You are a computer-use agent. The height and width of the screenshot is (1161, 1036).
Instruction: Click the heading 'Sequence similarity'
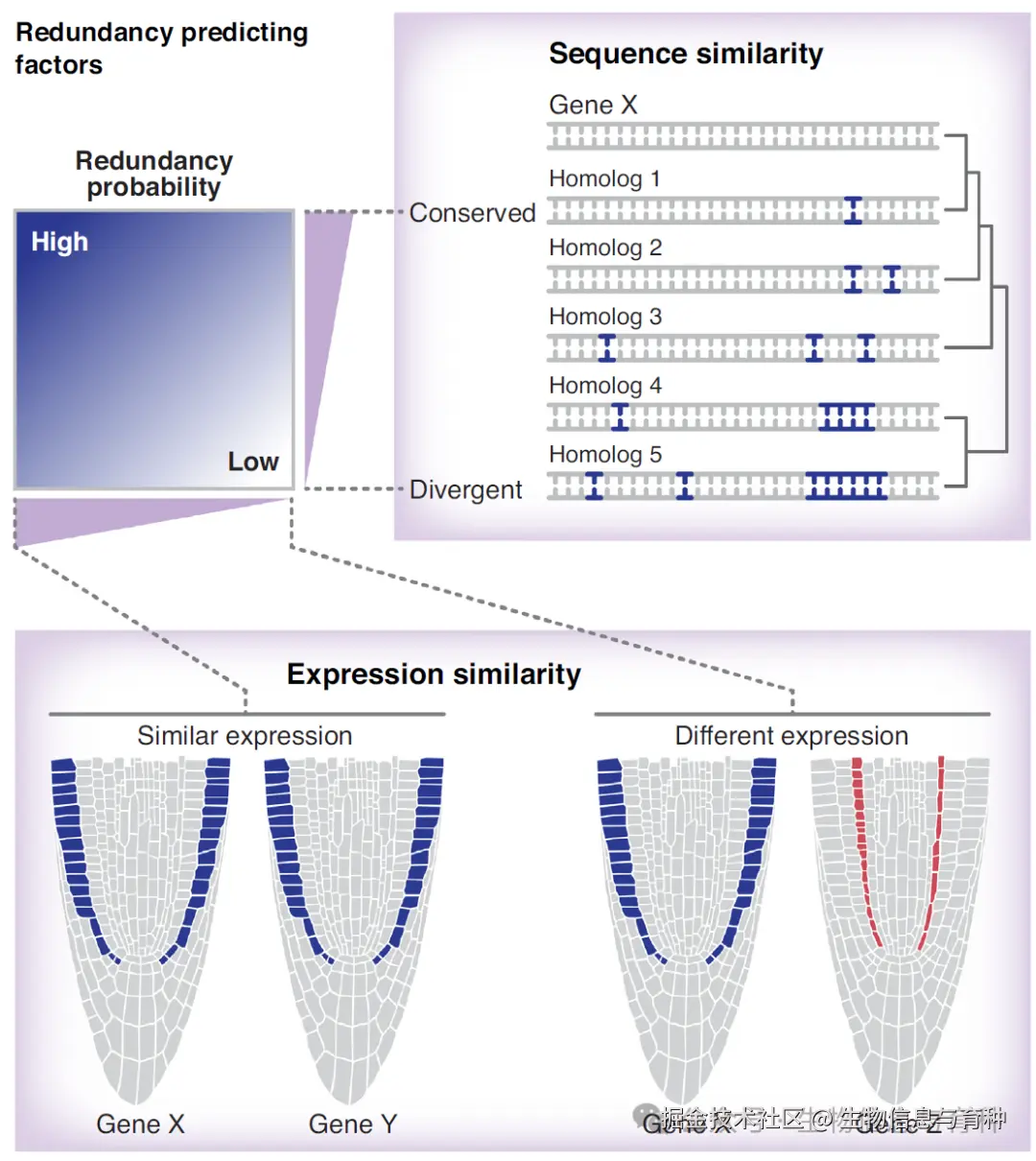685,55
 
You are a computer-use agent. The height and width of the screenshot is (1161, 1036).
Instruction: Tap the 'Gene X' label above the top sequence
593,105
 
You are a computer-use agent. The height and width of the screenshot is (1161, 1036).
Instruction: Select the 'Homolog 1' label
604,178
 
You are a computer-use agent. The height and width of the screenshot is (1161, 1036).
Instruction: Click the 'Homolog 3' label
605,317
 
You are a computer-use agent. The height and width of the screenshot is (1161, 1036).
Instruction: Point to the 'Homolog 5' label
605,455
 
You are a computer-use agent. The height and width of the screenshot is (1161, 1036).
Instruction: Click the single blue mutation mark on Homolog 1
853,210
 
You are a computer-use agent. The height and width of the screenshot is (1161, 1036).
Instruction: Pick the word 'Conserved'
472,213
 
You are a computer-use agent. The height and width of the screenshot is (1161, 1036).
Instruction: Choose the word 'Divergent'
465,489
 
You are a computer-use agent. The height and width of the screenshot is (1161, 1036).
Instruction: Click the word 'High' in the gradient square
59,242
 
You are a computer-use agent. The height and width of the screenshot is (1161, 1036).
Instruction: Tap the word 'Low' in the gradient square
253,462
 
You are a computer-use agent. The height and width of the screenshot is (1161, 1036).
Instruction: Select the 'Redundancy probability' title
154,174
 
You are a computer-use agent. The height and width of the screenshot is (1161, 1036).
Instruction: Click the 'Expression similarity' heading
434,675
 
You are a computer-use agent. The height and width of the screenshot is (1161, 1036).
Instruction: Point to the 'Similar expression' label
245,736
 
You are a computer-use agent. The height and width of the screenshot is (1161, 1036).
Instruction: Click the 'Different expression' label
791,736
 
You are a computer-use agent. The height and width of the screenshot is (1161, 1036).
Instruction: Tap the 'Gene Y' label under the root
352,1124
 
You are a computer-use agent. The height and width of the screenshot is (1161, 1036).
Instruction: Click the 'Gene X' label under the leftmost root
140,1124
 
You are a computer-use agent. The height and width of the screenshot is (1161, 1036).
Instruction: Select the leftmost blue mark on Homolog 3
606,347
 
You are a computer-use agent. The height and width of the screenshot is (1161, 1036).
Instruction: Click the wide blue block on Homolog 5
846,486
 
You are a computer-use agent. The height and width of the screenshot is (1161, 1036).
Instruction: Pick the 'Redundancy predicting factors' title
161,48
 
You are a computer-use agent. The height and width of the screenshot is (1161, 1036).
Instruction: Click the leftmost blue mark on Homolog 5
594,486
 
